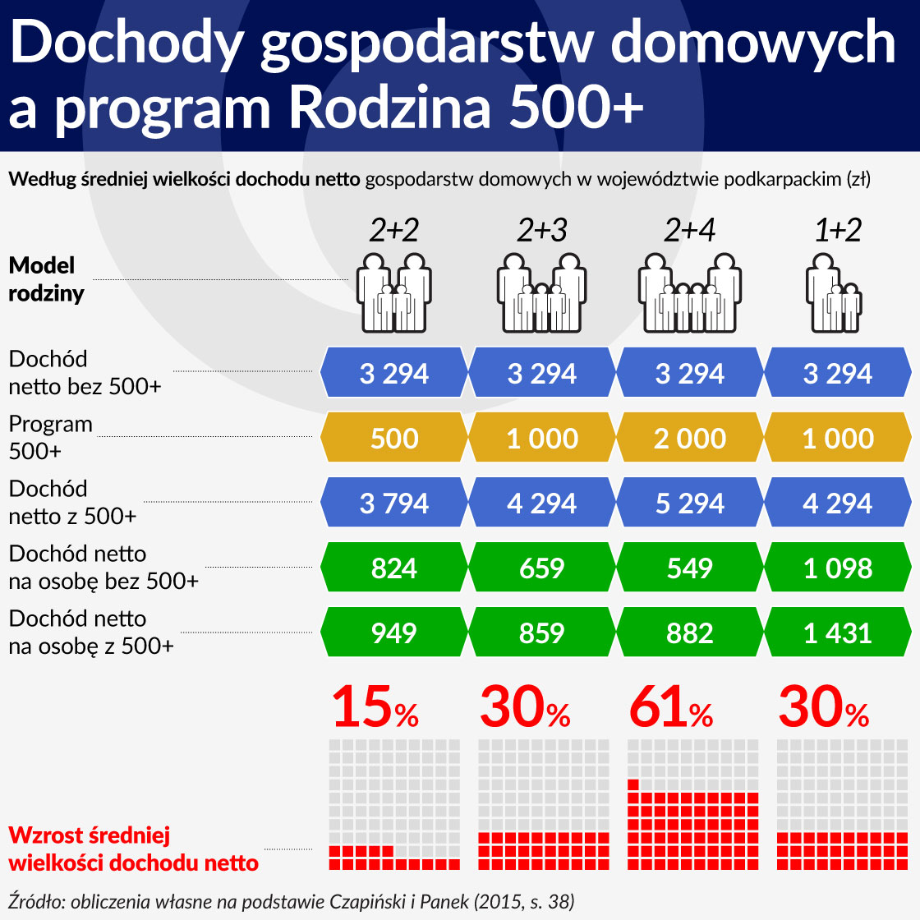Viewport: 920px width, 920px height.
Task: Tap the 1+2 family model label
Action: click(838, 231)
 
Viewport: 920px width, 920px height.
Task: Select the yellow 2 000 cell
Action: click(690, 438)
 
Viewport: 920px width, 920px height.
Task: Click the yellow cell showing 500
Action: click(394, 438)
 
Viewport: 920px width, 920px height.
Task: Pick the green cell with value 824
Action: click(394, 568)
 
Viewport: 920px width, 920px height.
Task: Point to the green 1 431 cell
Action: click(838, 632)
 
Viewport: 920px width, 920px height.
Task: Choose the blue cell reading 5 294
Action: click(690, 503)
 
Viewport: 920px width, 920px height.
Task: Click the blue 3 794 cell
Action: click(394, 503)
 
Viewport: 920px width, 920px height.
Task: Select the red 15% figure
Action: click(375, 708)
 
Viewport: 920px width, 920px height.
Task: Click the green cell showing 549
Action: click(690, 568)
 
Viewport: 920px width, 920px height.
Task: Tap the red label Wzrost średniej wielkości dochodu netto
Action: click(133, 849)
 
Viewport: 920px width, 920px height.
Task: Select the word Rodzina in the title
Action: click(390, 108)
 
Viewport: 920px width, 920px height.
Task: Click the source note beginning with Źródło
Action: click(292, 900)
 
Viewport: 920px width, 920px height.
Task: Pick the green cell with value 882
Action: click(690, 632)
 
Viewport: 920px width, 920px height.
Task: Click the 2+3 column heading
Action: click(542, 231)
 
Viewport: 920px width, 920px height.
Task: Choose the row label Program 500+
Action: click(51, 438)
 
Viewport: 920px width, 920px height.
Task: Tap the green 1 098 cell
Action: click(838, 568)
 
